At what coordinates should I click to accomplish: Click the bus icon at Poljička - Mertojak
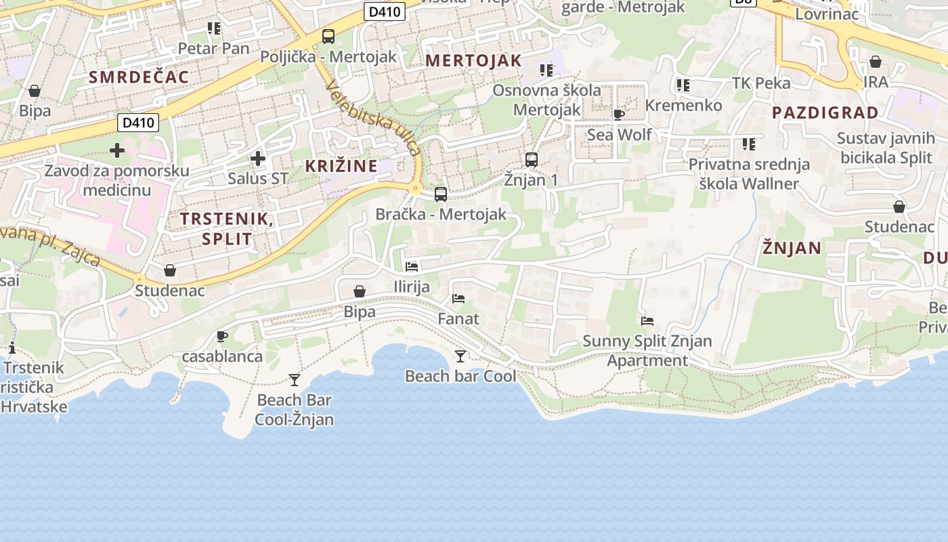click(328, 37)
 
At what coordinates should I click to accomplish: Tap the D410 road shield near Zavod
click(138, 123)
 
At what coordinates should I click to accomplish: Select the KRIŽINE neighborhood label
click(341, 166)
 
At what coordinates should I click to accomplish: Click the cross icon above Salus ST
click(257, 159)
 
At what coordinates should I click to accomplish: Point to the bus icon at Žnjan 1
click(532, 160)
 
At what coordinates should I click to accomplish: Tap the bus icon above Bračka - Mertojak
click(441, 194)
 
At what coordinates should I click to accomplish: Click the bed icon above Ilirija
click(412, 267)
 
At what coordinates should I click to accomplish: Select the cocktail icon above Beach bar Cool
click(460, 356)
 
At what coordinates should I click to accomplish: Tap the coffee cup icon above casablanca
click(221, 336)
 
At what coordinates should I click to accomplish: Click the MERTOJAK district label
click(473, 60)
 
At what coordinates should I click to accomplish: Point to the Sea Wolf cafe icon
click(618, 114)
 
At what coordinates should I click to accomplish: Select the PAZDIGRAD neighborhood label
click(825, 112)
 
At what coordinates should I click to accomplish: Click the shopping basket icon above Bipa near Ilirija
click(360, 291)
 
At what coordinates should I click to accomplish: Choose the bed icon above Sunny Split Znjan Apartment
click(647, 321)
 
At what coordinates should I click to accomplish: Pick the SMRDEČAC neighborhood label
click(139, 77)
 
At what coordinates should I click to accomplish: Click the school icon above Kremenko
click(683, 85)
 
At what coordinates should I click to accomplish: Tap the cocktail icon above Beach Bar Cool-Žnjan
click(295, 379)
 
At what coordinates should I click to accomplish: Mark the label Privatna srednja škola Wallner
click(749, 173)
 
